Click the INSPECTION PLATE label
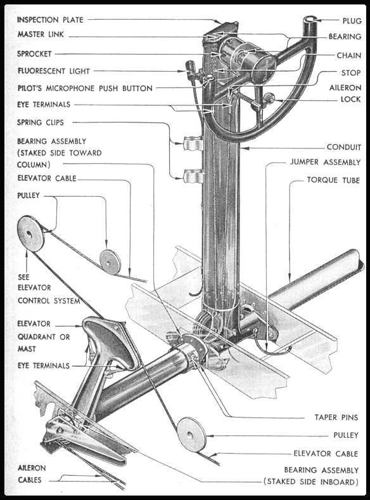[50, 20]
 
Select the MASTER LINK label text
[41, 34]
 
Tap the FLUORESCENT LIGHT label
[53, 71]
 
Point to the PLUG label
[352, 21]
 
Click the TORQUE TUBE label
[333, 180]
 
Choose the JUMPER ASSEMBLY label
[325, 162]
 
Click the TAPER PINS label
[336, 417]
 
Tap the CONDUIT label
[344, 147]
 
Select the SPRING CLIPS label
[41, 122]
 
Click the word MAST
[27, 349]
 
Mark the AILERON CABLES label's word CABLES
[30, 480]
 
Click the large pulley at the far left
[31, 234]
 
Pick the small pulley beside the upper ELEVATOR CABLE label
[110, 262]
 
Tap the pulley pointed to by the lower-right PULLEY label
[191, 435]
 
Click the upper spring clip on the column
[193, 143]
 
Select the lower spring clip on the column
[193, 176]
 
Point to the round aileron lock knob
[269, 98]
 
